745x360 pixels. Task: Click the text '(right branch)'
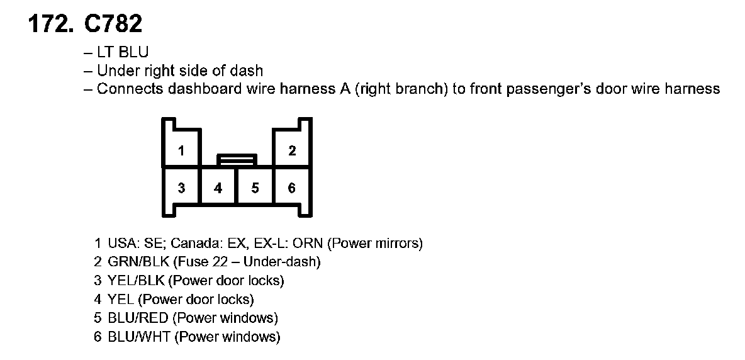(401, 89)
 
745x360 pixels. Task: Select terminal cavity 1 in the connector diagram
(181, 150)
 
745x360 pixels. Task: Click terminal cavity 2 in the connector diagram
(292, 150)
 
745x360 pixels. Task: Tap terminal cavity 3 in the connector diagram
(181, 188)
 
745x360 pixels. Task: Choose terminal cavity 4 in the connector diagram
(218, 188)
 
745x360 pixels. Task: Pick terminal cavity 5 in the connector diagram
(255, 188)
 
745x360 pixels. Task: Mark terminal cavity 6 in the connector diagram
(292, 188)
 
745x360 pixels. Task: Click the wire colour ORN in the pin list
(314, 243)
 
